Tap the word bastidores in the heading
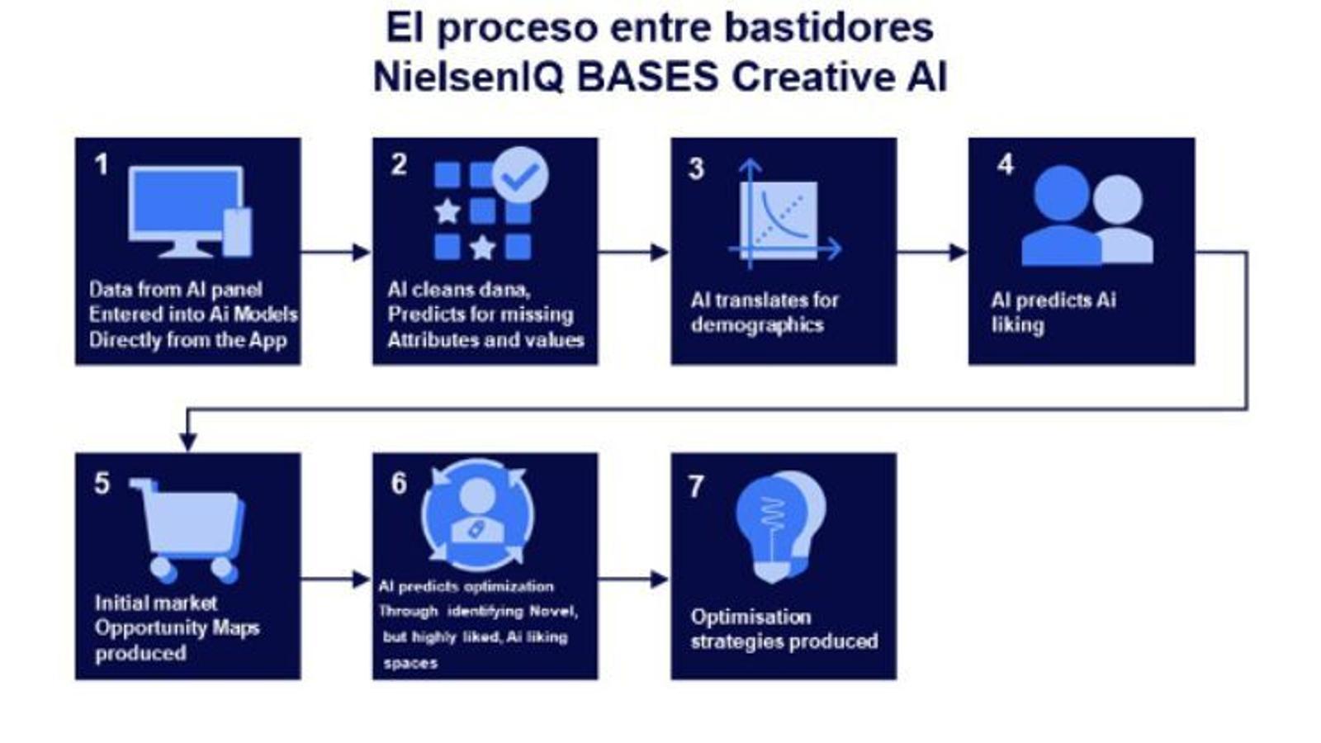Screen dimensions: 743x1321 click(x=828, y=27)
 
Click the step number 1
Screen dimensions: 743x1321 click(x=101, y=164)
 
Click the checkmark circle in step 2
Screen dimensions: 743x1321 click(x=520, y=175)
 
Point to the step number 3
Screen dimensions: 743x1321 click(x=696, y=168)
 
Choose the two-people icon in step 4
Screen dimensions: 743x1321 click(x=1086, y=216)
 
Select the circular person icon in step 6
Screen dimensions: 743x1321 click(x=477, y=514)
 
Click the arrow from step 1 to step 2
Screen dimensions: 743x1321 click(x=336, y=252)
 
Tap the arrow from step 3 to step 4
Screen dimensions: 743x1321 click(x=932, y=252)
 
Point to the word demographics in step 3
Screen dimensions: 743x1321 click(x=757, y=324)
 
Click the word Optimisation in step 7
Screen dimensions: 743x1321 click(x=750, y=617)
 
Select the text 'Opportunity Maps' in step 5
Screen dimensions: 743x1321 click(x=177, y=627)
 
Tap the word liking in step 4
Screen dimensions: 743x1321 click(x=1017, y=324)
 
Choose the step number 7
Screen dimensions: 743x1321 click(x=696, y=486)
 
